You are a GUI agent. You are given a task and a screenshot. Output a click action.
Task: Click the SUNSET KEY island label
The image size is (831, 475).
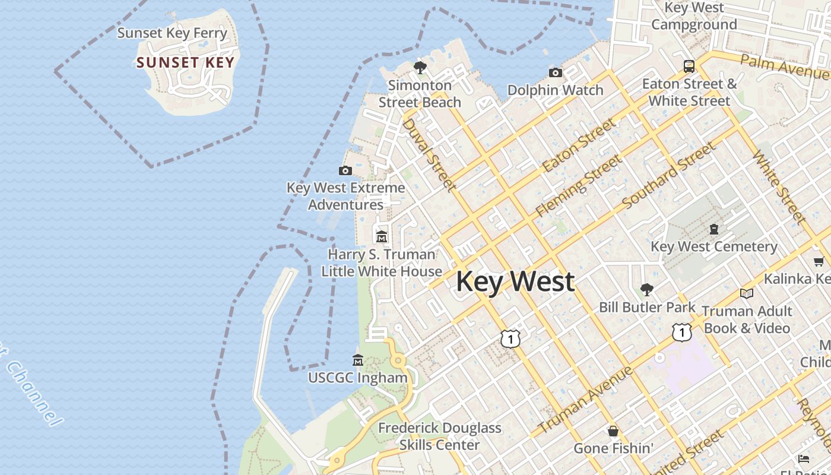point(185,62)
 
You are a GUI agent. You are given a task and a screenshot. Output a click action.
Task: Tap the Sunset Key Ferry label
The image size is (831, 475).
point(172,33)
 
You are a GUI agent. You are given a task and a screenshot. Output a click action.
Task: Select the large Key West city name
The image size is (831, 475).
point(515,281)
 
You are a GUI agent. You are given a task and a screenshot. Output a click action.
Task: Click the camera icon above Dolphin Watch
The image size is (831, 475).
point(556,72)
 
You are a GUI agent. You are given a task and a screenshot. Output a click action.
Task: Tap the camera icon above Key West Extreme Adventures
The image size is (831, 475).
point(345,171)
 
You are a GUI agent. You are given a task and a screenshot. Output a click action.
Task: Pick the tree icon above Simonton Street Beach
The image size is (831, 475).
point(420,68)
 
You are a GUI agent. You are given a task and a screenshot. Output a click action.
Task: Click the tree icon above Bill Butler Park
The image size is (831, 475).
point(646,290)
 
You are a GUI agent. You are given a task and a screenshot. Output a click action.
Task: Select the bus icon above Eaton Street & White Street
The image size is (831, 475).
point(689,66)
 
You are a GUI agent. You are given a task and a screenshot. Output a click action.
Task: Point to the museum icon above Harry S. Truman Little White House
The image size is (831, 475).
point(381,237)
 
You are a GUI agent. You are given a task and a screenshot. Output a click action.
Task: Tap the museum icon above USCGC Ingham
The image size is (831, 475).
point(357,360)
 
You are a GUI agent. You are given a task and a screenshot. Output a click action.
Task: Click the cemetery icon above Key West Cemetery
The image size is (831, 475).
point(714,229)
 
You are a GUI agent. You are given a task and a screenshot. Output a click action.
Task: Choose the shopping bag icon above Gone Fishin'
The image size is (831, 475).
point(613,430)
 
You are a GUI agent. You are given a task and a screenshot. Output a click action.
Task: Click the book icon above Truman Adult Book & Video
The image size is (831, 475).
point(746,293)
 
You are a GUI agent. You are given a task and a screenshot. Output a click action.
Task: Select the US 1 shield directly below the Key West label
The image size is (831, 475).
point(510,338)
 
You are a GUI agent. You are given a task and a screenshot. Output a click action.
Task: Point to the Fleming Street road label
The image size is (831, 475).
point(579,185)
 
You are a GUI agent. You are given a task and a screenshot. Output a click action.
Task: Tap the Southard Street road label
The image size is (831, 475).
point(668,176)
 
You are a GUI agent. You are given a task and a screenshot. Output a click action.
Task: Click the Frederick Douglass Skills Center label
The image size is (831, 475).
point(439,436)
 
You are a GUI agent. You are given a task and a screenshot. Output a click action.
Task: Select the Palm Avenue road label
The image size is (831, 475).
point(784,66)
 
